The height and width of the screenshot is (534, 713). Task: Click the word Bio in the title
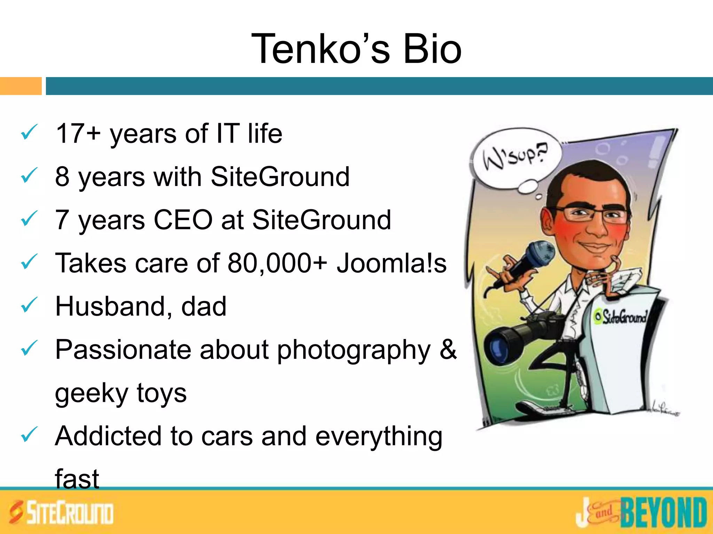432,49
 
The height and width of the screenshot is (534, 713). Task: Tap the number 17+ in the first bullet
78,133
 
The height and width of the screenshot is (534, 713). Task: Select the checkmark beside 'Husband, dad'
29,305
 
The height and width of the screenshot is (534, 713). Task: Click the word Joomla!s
391,263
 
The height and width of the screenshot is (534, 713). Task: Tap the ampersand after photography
448,349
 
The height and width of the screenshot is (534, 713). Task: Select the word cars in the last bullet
227,436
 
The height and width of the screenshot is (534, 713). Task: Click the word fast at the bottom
77,479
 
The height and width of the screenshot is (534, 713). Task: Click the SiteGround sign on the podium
621,317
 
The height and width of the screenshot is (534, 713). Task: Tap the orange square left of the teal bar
21,86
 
